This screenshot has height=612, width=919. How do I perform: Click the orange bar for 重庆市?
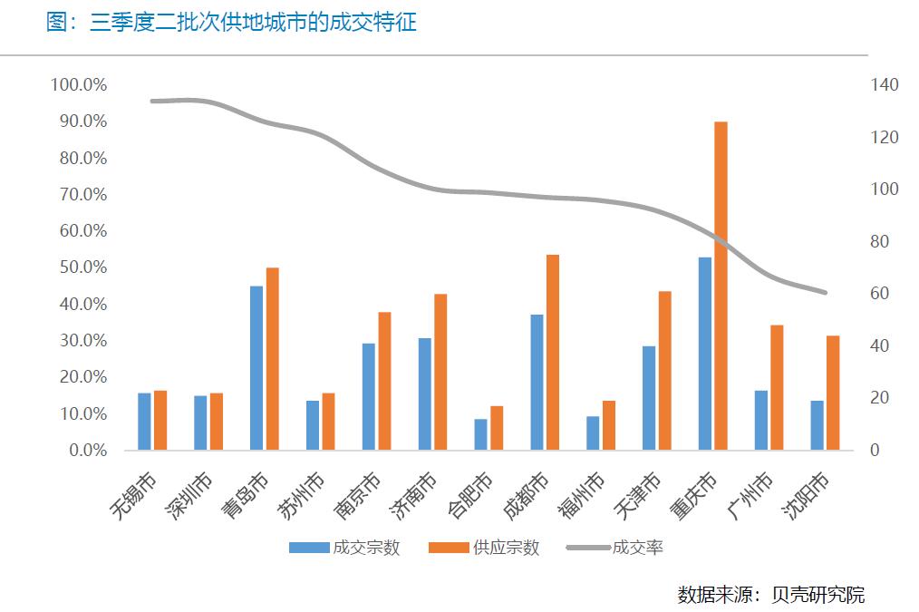coord(721,286)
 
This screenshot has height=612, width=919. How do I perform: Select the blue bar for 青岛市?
coord(256,368)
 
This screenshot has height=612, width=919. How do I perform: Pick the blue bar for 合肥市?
coord(480,434)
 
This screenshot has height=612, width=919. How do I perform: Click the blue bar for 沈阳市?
coord(817,425)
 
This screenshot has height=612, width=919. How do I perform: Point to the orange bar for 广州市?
coord(777,387)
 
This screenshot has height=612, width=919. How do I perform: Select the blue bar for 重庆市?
coord(704,354)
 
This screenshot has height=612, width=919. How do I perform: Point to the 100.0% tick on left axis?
coord(80,85)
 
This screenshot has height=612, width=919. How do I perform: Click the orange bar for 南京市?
coord(384,381)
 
